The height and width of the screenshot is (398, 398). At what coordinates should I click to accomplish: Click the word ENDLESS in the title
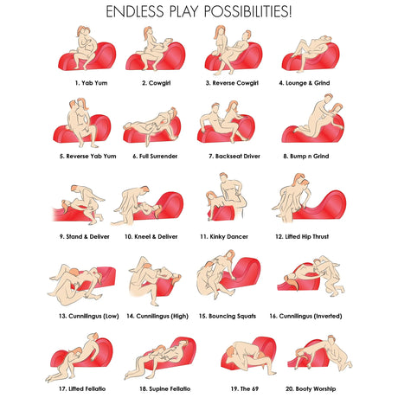point(134,11)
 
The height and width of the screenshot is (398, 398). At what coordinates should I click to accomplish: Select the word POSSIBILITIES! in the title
point(248,11)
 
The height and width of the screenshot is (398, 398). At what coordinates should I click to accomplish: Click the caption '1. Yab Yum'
point(91,83)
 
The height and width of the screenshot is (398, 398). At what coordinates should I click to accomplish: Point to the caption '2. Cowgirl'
point(157,83)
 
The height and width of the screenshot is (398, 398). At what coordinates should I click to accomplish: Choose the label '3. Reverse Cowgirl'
point(232,83)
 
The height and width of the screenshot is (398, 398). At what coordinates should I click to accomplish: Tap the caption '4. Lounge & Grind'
point(305,83)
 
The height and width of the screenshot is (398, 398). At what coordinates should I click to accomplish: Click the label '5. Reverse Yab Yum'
point(88,157)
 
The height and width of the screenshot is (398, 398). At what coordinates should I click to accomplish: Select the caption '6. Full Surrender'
point(155,157)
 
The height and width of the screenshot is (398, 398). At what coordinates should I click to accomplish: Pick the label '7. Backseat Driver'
point(234,157)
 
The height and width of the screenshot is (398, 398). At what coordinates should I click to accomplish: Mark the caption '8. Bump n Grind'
point(306,157)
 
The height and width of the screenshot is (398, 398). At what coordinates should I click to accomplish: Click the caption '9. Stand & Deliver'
point(85,237)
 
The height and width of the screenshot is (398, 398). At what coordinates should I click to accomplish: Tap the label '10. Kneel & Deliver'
point(151,237)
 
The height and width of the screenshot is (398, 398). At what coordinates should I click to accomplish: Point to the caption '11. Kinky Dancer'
point(224,237)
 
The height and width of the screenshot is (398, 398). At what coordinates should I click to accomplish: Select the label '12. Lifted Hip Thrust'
point(302,237)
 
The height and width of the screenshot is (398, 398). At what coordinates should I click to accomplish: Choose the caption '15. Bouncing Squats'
point(228,316)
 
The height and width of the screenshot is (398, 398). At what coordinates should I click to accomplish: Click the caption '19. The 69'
point(245,388)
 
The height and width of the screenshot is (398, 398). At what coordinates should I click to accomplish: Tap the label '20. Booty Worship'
point(311,388)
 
